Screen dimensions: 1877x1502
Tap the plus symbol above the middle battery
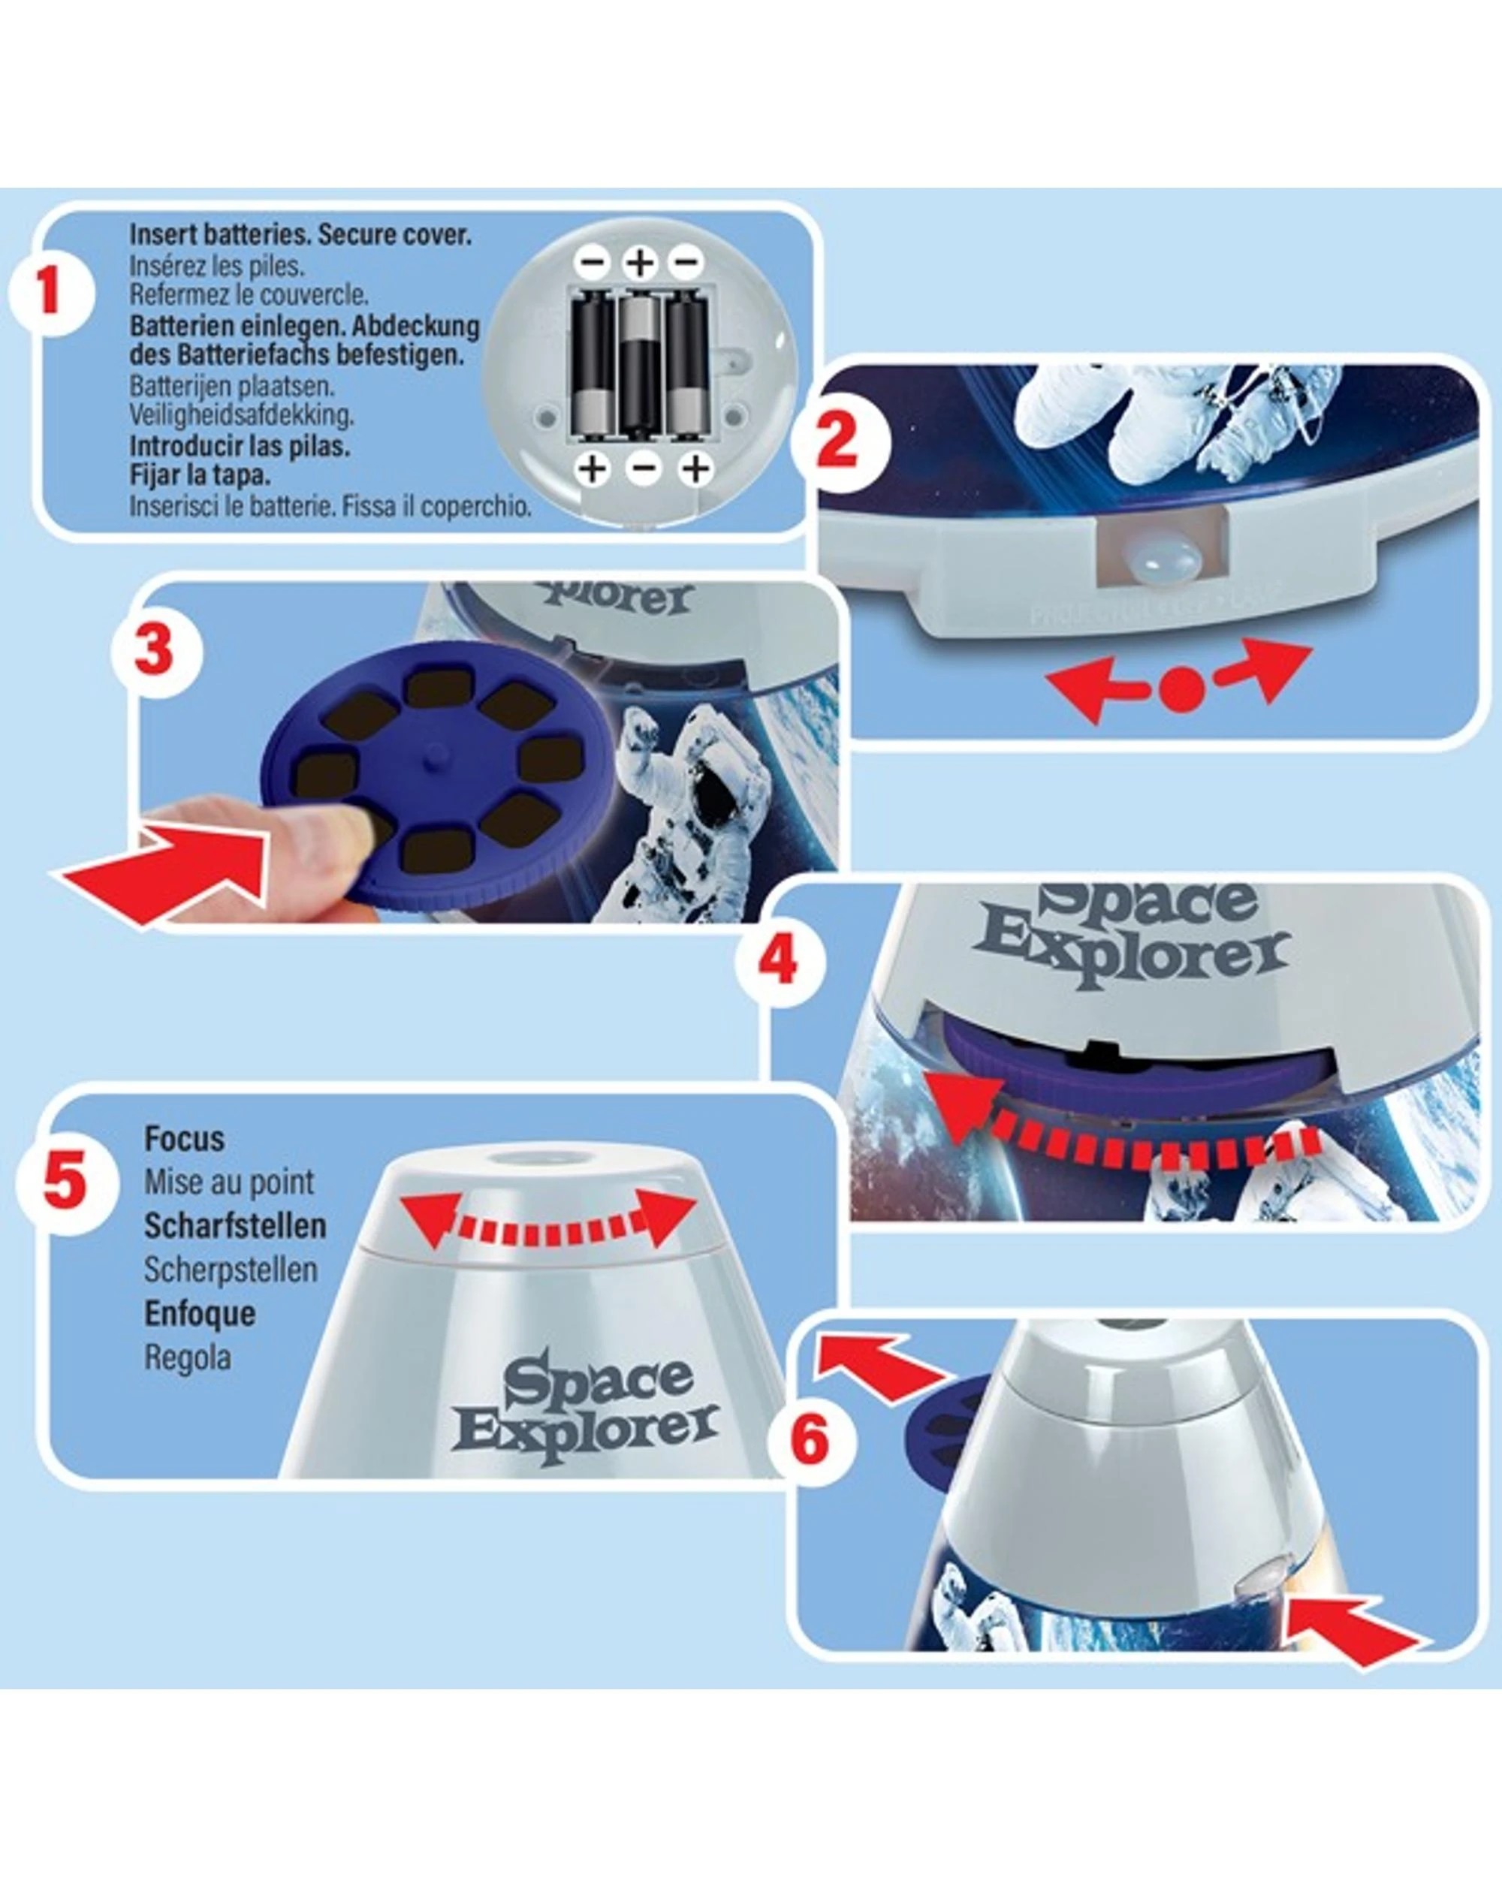pyautogui.click(x=640, y=261)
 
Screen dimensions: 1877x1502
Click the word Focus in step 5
pyautogui.click(x=184, y=1139)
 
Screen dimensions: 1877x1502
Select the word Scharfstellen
pyautogui.click(x=234, y=1226)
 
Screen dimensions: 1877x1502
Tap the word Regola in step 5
pyautogui.click(x=187, y=1357)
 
